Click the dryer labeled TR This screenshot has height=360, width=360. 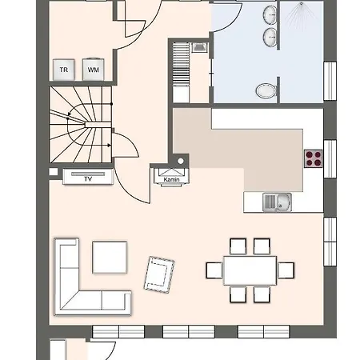click(64, 70)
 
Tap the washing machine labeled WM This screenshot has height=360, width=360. click(93, 69)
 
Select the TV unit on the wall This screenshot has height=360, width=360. click(88, 177)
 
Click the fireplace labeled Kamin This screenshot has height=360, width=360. click(172, 177)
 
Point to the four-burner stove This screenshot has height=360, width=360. click(314, 158)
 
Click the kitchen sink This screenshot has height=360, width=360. click(277, 202)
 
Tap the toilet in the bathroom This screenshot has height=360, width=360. click(266, 90)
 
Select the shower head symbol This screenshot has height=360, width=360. click(301, 4)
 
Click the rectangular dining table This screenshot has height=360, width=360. click(250, 270)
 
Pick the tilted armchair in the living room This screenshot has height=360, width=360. click(159, 274)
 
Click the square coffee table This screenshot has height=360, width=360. click(110, 257)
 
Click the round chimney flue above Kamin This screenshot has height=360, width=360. click(181, 161)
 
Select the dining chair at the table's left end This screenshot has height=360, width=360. click(214, 270)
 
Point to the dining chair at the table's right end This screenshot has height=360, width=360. click(286, 270)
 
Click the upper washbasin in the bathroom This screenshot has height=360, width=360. click(270, 14)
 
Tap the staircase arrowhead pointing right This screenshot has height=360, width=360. click(109, 146)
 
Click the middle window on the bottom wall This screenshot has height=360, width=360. click(189, 331)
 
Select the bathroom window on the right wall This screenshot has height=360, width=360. click(330, 81)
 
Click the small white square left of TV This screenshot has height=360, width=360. click(54, 172)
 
